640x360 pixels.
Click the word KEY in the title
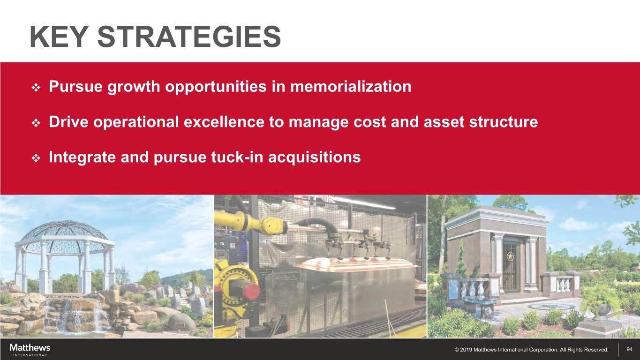(59, 37)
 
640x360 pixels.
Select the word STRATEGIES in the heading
(189, 37)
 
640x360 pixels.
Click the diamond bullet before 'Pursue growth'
(36, 88)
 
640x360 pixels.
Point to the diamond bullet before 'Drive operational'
(36, 123)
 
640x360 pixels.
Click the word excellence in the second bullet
(224, 121)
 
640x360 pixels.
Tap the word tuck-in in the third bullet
(237, 157)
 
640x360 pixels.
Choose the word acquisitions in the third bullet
(314, 157)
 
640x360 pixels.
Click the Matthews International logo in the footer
(30, 350)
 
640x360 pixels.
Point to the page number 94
(629, 349)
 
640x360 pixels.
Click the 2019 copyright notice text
(531, 350)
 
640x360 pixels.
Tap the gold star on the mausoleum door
(510, 256)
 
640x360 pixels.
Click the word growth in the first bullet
(134, 87)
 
